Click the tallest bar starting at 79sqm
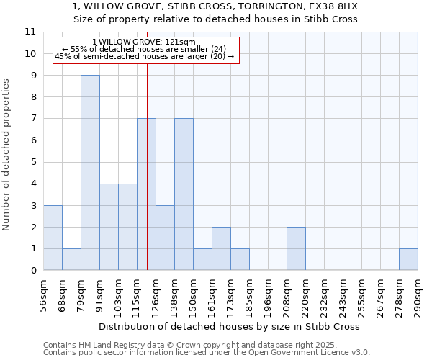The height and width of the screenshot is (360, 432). [90, 173]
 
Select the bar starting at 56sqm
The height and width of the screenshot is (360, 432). [53, 238]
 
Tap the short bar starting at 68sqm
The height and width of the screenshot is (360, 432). [71, 259]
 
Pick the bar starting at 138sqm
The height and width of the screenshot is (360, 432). [184, 194]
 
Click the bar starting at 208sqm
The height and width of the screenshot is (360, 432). [296, 248]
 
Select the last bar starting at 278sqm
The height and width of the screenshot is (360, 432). [408, 259]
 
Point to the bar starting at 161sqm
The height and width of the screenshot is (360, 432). [221, 248]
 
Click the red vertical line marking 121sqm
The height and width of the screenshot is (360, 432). [147, 180]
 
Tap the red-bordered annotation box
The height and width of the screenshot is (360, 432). [145, 50]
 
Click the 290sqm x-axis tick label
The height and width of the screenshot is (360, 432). [418, 295]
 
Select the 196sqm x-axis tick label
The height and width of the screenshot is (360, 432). [268, 295]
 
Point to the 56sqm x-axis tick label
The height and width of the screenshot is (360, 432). [43, 295]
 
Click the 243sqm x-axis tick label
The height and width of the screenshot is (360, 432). [343, 295]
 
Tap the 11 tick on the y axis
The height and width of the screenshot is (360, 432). [30, 32]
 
